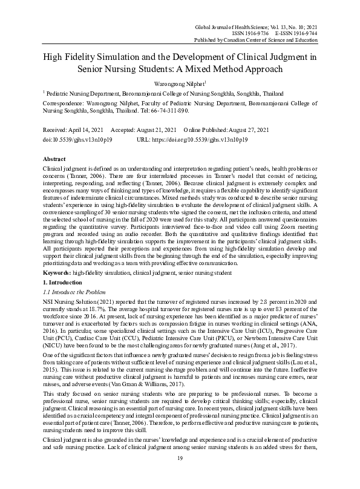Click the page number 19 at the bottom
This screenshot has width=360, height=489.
[x=180, y=476]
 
